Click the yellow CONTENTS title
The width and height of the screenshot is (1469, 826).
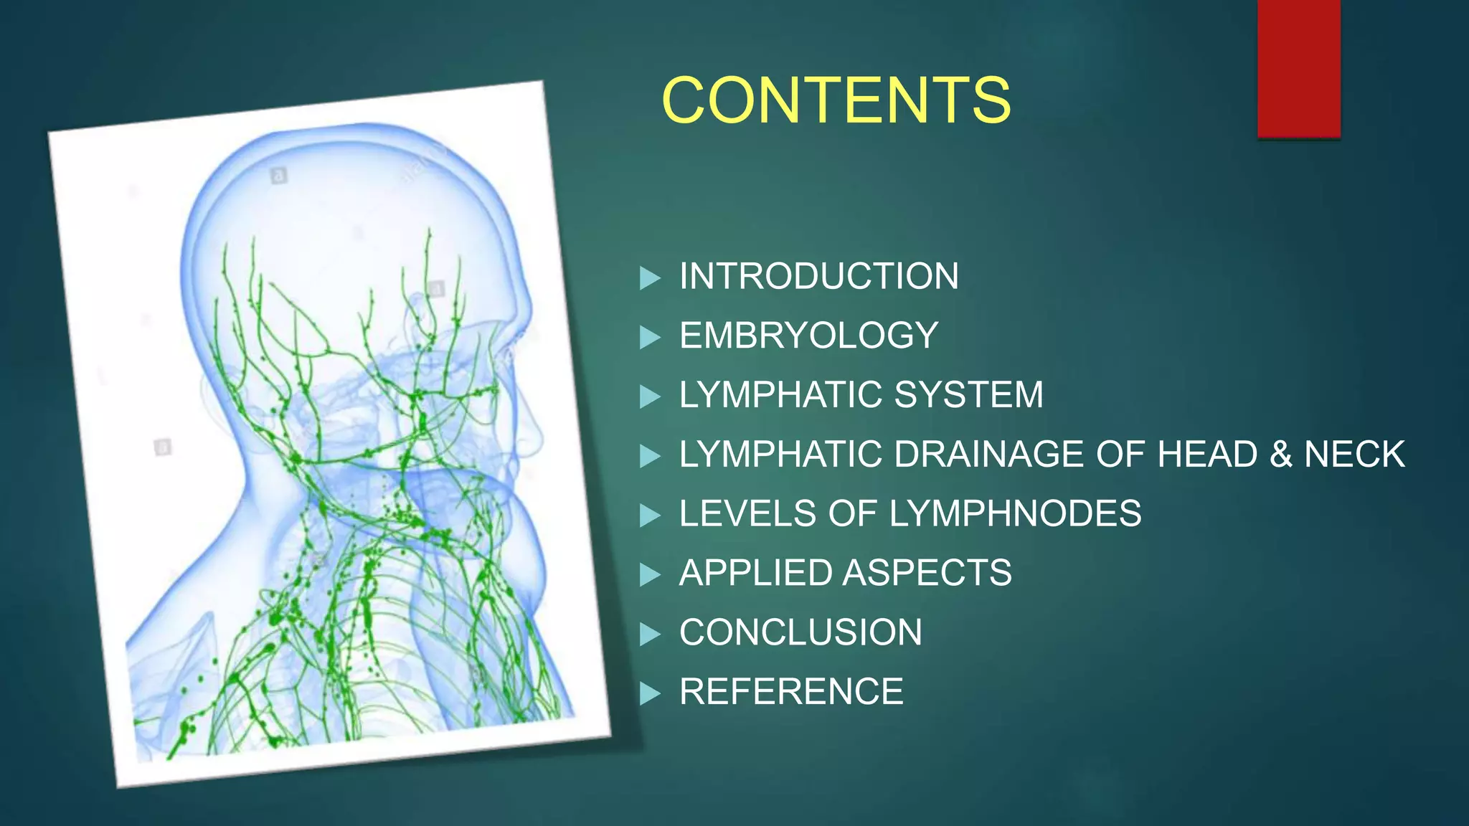836,100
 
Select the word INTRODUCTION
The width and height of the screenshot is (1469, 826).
818,277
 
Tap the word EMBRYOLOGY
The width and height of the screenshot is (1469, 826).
808,336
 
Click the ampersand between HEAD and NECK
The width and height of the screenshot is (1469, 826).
1280,455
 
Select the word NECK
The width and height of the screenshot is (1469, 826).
1354,455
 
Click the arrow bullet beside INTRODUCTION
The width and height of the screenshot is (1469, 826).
649,278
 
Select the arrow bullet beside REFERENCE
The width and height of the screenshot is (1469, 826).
649,693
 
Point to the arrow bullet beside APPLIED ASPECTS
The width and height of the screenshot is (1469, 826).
649,574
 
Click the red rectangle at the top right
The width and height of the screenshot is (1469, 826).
1298,68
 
